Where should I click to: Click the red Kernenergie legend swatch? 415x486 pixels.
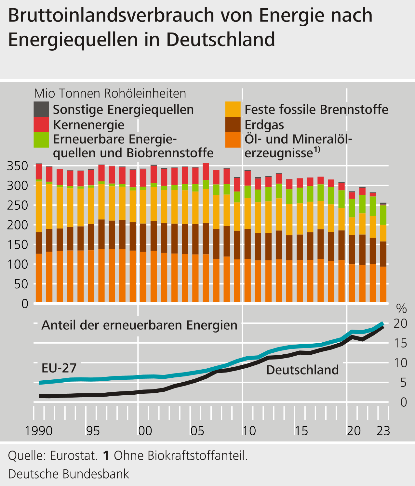(x=41, y=125)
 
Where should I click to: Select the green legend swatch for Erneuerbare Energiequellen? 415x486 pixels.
(x=41, y=140)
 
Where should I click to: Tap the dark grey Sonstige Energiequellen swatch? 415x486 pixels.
(x=41, y=109)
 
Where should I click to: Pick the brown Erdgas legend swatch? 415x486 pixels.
(x=233, y=125)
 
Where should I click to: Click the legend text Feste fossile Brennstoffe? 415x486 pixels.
(x=316, y=110)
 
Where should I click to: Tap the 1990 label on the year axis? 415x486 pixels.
(x=39, y=431)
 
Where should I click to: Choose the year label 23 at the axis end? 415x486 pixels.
(x=383, y=431)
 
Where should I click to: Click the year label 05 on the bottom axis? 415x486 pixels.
(x=197, y=431)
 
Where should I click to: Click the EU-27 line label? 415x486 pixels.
(x=59, y=368)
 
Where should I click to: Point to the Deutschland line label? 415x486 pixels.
(x=302, y=370)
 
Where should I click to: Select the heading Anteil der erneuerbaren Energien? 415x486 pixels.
(x=139, y=325)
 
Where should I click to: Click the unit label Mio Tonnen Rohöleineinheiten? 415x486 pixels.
(x=110, y=94)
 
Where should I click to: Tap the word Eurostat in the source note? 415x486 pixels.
(x=74, y=456)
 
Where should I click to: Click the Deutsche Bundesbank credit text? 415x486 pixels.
(x=69, y=474)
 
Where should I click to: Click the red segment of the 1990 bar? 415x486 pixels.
(x=39, y=171)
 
